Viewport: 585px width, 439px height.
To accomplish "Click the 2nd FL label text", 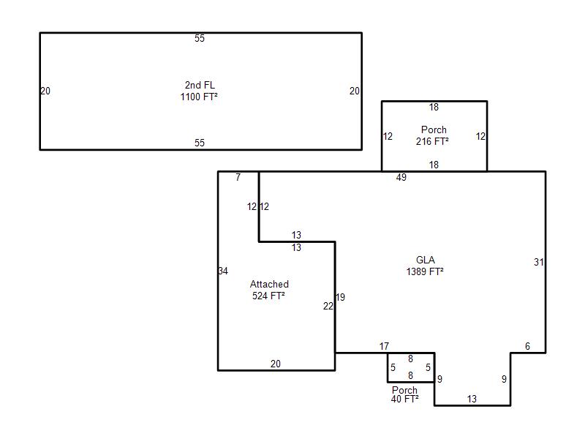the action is [x=200, y=85].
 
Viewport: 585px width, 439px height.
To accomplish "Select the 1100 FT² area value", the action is [x=199, y=97].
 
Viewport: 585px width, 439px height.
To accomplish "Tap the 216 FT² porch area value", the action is [x=432, y=141].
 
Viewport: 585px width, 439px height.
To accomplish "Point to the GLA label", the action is [x=426, y=260].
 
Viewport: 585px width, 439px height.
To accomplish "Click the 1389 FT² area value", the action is [x=425, y=271].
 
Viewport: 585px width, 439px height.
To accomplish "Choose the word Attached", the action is [x=269, y=284].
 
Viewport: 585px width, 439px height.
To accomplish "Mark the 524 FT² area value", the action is [x=268, y=296].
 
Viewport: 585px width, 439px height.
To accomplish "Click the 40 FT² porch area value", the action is [x=405, y=399].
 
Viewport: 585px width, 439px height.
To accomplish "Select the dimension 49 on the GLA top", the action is [x=401, y=177].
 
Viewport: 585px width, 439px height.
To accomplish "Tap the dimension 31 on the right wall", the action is [x=538, y=263].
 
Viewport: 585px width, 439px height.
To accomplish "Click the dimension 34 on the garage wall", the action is [x=223, y=271].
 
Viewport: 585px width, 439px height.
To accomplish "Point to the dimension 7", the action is [x=238, y=177].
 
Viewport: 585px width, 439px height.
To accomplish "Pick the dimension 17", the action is [x=385, y=346].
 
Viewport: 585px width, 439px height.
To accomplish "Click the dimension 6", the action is [x=527, y=346].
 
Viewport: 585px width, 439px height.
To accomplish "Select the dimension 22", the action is [x=328, y=307].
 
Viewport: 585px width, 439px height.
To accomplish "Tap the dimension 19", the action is [x=340, y=298].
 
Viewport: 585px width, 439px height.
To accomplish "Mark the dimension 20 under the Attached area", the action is [x=276, y=364].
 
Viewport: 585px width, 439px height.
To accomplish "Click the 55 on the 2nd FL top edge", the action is [x=200, y=38].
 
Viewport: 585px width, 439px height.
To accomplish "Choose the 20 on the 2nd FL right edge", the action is [x=355, y=91].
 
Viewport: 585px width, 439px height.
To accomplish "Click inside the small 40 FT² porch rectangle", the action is [x=411, y=368].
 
